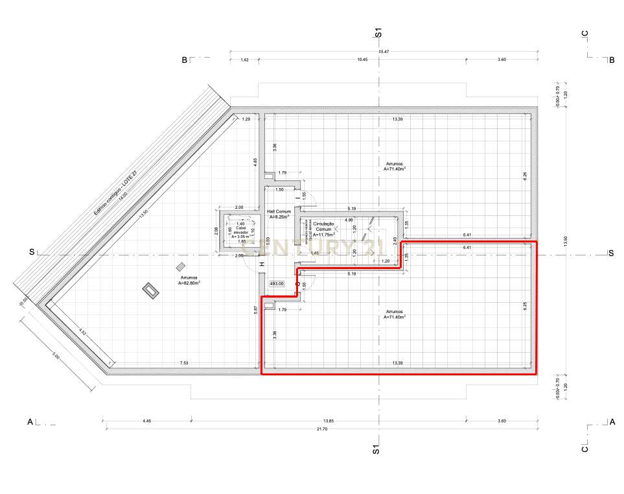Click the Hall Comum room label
tap(279, 212)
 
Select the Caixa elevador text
tap(240, 229)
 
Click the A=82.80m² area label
tap(190, 283)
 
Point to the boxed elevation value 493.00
tap(277, 283)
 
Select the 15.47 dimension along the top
tap(383, 51)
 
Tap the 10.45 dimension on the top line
tap(362, 60)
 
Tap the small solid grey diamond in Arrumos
tap(180, 266)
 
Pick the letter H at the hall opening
tap(262, 264)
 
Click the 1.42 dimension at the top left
tap(244, 60)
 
